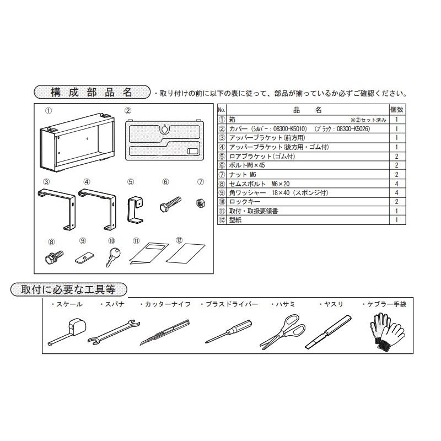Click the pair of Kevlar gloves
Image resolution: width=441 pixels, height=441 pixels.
tap(386, 331)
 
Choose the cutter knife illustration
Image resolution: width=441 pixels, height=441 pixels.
tap(164, 332)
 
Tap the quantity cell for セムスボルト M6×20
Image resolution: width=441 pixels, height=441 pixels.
tap(397, 183)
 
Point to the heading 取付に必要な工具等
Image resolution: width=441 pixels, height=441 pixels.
tap(69, 289)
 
